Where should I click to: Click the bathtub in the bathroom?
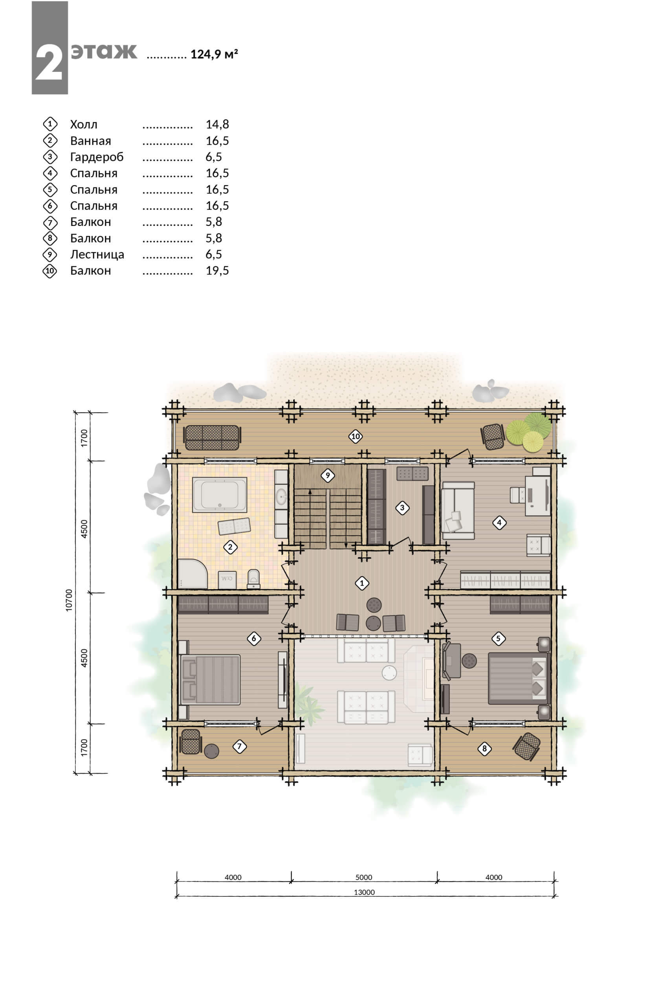click(x=220, y=494)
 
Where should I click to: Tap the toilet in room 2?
click(x=254, y=579)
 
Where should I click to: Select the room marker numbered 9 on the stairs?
click(x=328, y=475)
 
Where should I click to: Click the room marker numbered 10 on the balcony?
click(x=355, y=437)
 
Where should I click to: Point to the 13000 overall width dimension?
click(x=364, y=892)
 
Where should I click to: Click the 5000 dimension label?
click(x=364, y=877)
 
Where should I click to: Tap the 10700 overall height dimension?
click(x=69, y=600)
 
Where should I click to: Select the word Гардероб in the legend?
click(x=97, y=157)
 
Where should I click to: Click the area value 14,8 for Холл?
click(x=217, y=124)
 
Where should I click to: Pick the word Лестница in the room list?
click(x=97, y=254)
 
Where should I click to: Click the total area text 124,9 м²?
click(x=214, y=54)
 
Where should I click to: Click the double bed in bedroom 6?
click(x=210, y=679)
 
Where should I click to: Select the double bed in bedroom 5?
click(x=519, y=678)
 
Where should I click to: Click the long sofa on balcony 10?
click(x=212, y=437)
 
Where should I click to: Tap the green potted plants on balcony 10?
click(x=529, y=431)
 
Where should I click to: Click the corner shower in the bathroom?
click(x=192, y=574)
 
